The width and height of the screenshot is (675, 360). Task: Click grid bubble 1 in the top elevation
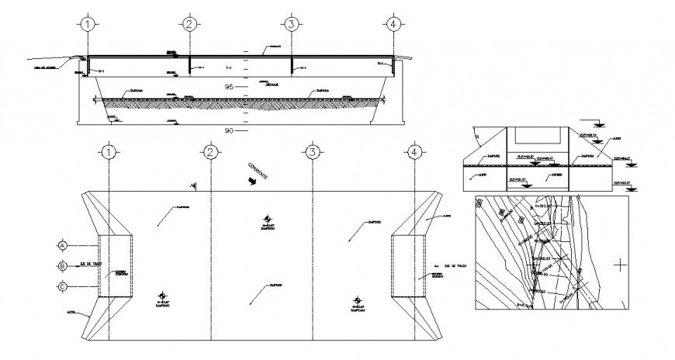click(x=89, y=24)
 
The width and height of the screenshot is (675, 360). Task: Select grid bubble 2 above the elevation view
click(x=189, y=24)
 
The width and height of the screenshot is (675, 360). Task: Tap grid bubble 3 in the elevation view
click(x=290, y=24)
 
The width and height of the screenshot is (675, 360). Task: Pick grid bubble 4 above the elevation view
click(x=393, y=24)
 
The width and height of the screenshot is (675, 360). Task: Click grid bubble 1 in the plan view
click(x=109, y=151)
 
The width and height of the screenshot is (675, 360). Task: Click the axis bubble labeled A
click(x=62, y=245)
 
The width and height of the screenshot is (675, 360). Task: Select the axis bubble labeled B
click(x=62, y=266)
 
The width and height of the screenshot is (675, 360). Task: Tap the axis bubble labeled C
click(x=62, y=286)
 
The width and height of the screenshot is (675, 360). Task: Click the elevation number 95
click(x=229, y=85)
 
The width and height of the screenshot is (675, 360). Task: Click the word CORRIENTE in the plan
click(x=258, y=171)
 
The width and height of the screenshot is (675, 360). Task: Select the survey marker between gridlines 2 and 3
click(x=267, y=220)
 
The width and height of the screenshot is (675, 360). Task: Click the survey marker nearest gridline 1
click(x=162, y=296)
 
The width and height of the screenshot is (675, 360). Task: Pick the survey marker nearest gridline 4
click(x=356, y=299)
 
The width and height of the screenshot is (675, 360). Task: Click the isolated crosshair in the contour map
click(x=620, y=265)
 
